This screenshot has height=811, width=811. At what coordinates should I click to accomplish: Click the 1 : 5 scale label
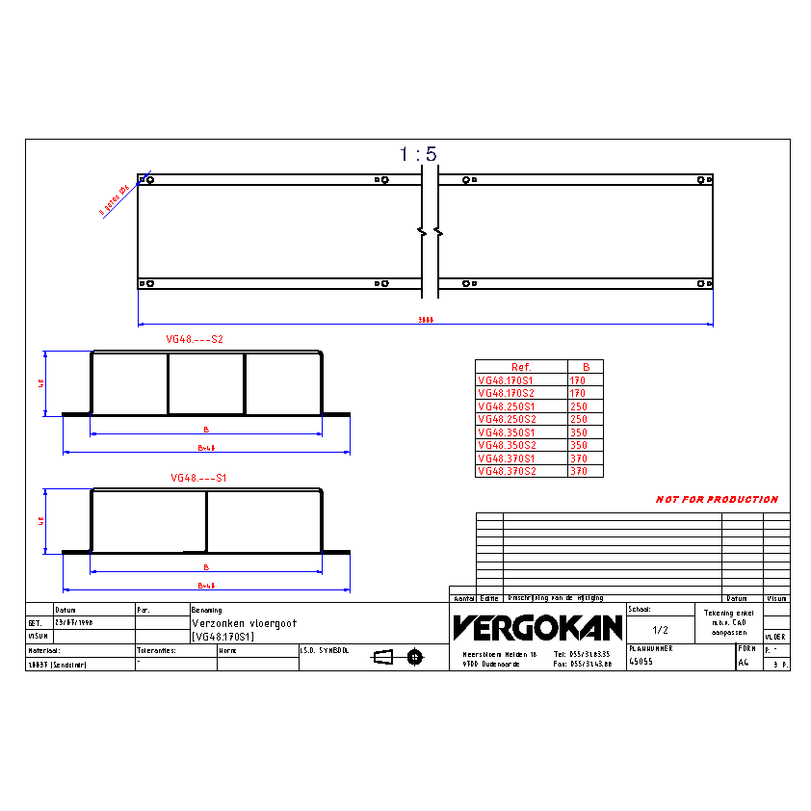418,154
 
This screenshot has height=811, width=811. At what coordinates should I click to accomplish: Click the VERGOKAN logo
537,628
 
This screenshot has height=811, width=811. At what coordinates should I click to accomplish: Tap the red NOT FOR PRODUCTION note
717,500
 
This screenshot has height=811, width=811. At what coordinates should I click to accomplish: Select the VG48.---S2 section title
195,340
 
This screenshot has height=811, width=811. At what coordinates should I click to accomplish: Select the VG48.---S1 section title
198,478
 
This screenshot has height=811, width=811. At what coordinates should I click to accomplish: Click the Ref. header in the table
521,367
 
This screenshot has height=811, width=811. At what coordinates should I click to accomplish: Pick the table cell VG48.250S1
511,406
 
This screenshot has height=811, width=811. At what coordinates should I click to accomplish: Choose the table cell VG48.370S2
511,472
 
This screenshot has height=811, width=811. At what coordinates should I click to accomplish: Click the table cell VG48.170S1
511,380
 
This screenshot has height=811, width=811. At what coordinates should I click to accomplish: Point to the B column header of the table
586,367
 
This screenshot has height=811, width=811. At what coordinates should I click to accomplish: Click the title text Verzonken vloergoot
245,623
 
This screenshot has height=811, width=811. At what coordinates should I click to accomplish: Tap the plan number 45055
641,662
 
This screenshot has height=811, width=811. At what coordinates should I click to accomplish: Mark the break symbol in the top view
430,232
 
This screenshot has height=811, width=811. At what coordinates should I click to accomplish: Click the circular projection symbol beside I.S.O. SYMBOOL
414,657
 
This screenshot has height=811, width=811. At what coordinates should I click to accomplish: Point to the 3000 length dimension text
426,320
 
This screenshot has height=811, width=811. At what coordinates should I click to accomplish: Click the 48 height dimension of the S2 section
41,382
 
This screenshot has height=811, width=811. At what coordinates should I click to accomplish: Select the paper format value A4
743,663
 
